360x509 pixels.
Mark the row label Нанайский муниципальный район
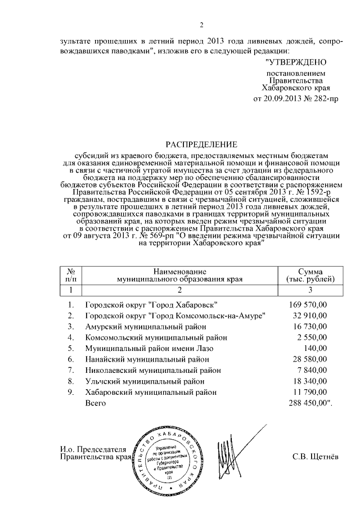pyautogui.click(x=142, y=359)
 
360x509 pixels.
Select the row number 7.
pyautogui.click(x=70, y=371)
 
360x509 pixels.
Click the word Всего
pyautogui.click(x=96, y=403)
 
